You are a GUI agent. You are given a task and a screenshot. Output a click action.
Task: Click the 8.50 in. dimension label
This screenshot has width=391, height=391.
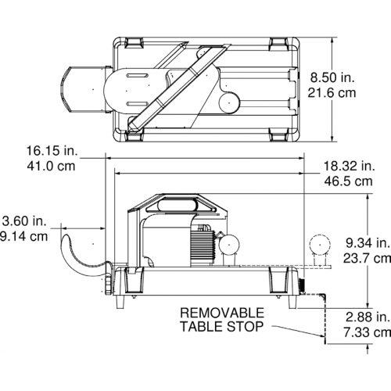(332, 77)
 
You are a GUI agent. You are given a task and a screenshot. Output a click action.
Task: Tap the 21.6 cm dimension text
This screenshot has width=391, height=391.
(332, 93)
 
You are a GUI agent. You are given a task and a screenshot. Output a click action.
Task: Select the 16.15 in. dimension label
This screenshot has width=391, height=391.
(52, 151)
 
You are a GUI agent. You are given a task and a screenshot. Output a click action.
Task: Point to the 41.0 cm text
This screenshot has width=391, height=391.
(51, 166)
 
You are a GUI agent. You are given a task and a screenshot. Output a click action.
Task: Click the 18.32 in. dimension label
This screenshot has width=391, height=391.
(350, 166)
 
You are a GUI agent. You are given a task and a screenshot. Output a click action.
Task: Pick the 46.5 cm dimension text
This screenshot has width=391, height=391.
(349, 181)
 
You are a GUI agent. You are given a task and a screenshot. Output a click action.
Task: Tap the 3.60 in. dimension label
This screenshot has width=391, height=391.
(24, 221)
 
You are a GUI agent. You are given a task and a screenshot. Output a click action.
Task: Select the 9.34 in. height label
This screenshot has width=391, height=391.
(368, 243)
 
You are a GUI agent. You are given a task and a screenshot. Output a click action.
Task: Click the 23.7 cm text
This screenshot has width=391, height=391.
(367, 259)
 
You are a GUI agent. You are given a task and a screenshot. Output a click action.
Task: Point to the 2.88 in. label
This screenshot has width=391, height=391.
(368, 317)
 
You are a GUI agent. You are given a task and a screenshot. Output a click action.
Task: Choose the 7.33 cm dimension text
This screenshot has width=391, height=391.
(368, 332)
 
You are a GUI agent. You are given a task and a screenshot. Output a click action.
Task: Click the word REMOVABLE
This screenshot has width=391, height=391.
(222, 313)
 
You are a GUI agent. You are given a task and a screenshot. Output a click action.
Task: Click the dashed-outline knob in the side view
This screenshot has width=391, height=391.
(320, 245)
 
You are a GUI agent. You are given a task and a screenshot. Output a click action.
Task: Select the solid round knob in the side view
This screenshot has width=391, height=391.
(228, 245)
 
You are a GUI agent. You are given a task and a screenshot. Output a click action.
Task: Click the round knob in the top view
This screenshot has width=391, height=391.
(228, 102)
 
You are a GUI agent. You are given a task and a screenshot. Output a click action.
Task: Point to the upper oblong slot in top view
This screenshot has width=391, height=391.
(137, 76)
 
